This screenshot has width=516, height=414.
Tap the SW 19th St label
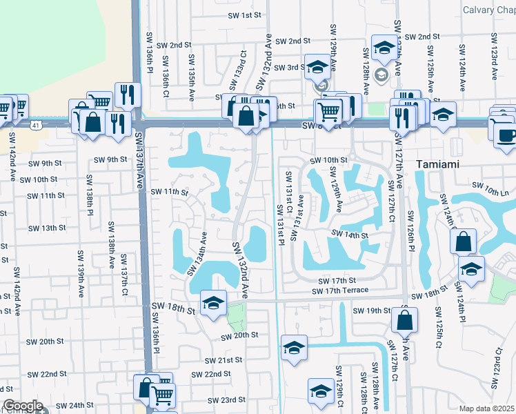pyautogui.click(x=372, y=311)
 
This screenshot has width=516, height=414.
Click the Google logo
pyautogui.click(x=22, y=406)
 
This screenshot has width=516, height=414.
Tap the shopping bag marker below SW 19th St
pyautogui.click(x=404, y=320)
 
